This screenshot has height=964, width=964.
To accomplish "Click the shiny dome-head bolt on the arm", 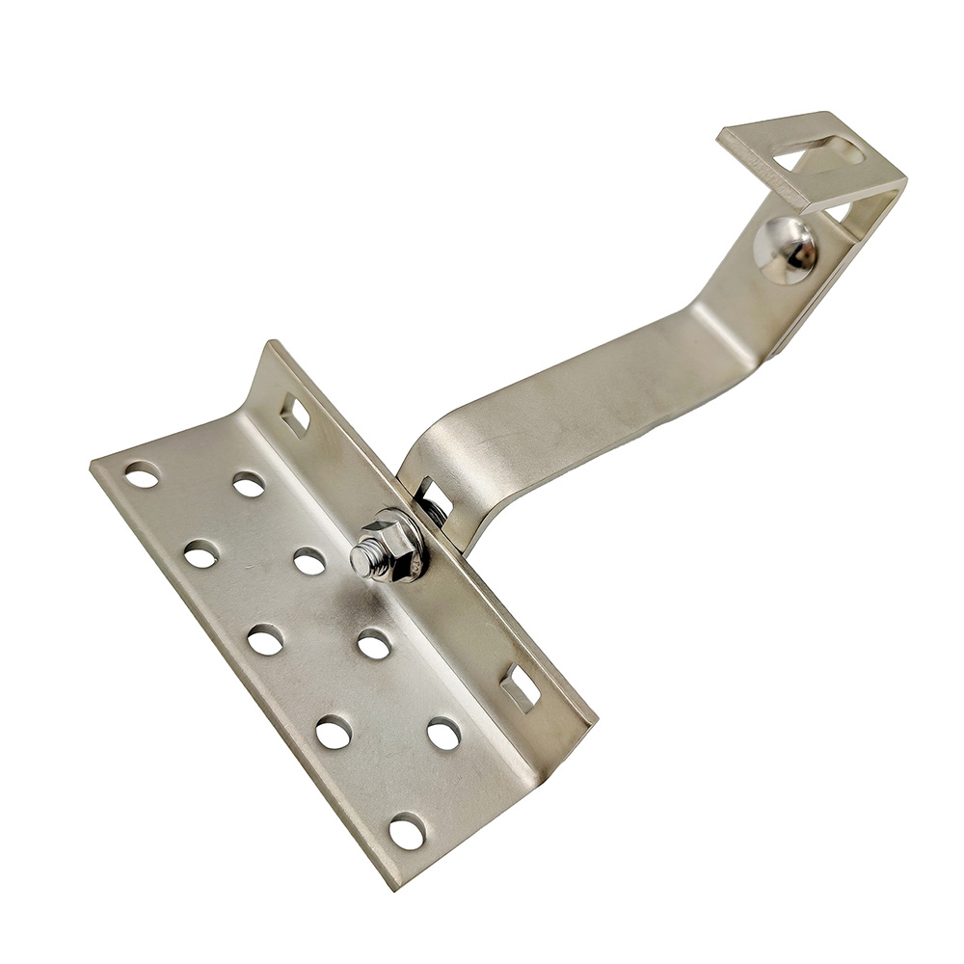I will click(786, 250).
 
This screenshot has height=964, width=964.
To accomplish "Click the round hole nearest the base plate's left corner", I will click(142, 474).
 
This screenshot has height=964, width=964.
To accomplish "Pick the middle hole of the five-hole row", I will click(265, 639).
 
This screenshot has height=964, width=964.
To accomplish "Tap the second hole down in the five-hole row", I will click(201, 553).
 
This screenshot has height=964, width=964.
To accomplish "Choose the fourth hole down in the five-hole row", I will click(334, 732).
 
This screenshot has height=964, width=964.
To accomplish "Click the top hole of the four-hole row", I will click(249, 484).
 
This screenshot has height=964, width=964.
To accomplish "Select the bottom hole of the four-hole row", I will click(443, 734).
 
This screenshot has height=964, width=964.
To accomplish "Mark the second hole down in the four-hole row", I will click(309, 560).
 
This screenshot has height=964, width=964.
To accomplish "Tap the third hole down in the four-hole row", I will click(374, 643).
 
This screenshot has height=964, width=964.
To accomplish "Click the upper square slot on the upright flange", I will click(295, 414).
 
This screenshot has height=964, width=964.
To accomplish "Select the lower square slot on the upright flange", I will click(521, 688).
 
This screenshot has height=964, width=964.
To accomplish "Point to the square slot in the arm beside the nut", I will click(434, 497).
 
